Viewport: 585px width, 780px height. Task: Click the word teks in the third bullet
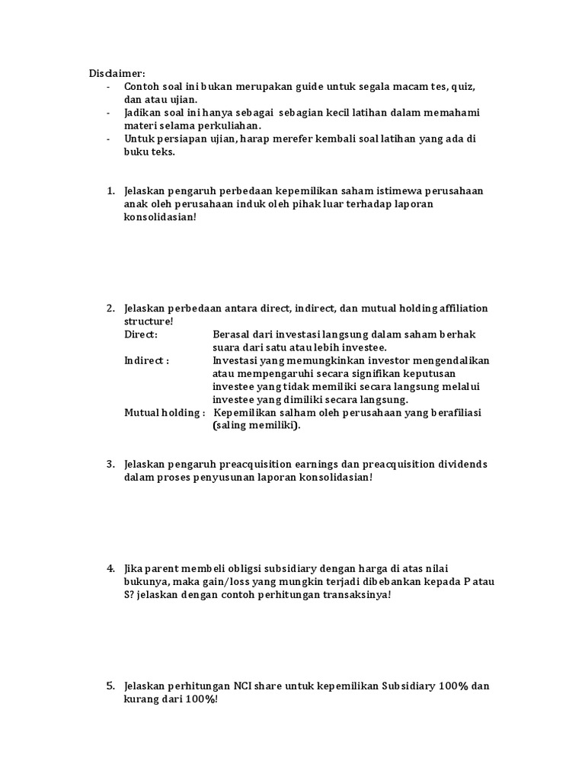coord(164,152)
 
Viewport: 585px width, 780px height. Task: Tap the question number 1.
coord(110,190)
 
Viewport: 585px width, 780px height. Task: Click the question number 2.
coord(110,308)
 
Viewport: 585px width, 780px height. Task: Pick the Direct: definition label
coord(141,334)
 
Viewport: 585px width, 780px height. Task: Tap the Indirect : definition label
coord(146,360)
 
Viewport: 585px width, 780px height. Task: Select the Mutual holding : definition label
coord(165,412)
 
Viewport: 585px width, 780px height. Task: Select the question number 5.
coord(110,686)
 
